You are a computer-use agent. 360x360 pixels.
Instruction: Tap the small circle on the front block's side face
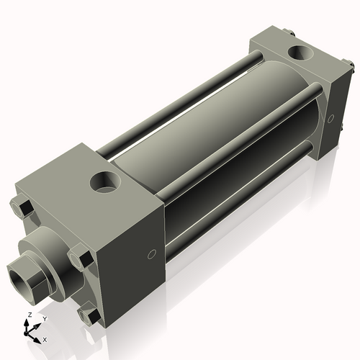pos(151,253)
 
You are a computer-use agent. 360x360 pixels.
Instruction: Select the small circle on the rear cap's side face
pos(330,118)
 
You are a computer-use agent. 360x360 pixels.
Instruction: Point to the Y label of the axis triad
pos(44,318)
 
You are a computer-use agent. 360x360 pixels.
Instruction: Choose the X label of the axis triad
pos(45,338)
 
